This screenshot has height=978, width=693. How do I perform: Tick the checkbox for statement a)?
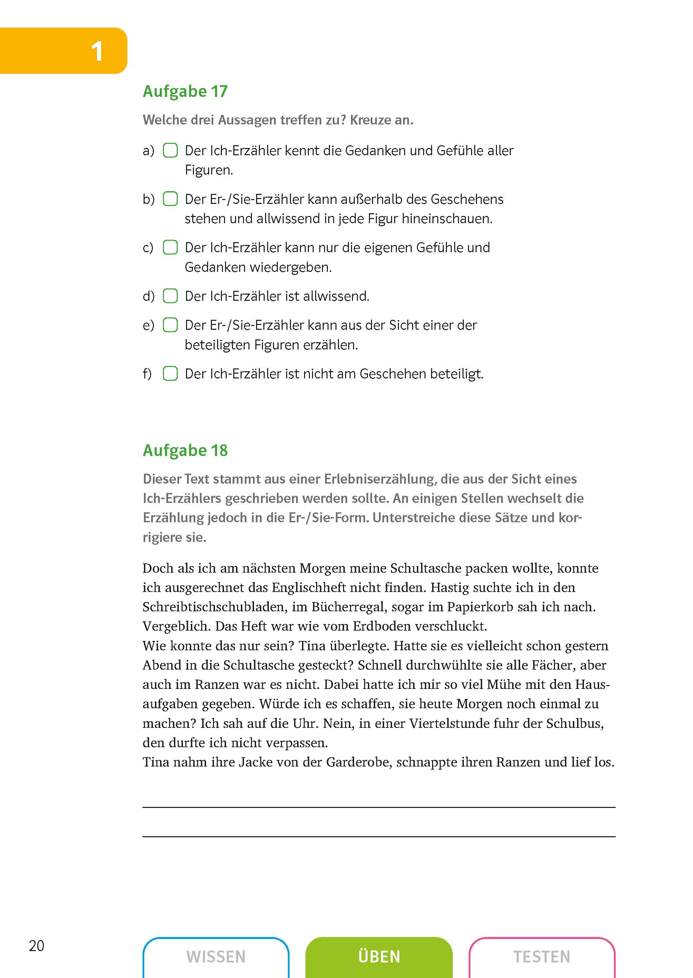coord(170,150)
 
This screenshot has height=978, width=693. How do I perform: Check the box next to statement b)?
coord(170,199)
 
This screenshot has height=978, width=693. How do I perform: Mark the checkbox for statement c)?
coord(170,247)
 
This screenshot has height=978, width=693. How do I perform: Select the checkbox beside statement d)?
coord(170,296)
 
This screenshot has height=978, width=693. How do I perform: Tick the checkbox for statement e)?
coord(170,325)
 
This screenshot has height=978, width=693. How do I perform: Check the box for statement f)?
coord(170,374)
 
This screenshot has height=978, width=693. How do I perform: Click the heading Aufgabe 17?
coord(185,92)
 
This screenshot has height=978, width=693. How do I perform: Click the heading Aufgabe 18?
coord(185,451)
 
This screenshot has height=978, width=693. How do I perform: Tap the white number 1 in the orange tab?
coord(97,52)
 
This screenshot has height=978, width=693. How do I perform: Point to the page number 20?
coord(37,946)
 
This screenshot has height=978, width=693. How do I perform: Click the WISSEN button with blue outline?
coord(216,957)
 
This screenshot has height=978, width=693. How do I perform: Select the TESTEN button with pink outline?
coord(541,957)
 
